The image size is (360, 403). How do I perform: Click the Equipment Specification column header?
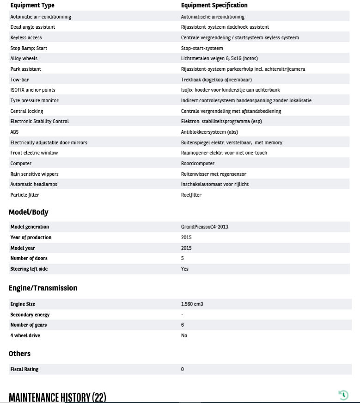click(x=214, y=5)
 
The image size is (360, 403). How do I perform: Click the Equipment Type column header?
click(x=32, y=5)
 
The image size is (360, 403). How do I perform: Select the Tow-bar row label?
click(x=19, y=80)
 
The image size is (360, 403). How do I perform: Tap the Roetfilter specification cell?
click(x=191, y=195)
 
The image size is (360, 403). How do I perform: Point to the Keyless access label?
click(x=26, y=37)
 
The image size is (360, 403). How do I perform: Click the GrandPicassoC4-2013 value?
click(x=204, y=227)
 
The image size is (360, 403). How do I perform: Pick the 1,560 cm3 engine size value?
click(x=192, y=304)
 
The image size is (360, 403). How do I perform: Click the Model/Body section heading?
click(x=28, y=212)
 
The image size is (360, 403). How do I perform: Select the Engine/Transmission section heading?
click(x=43, y=288)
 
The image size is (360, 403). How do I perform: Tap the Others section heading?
click(x=19, y=353)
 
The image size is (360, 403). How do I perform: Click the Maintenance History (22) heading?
click(x=57, y=397)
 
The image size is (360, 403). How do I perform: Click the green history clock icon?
click(x=343, y=395)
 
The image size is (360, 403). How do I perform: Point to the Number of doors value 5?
click(x=182, y=258)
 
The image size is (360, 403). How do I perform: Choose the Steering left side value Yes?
click(x=184, y=269)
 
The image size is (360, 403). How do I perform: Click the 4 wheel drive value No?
click(x=184, y=335)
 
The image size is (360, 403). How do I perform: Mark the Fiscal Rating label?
click(x=24, y=369)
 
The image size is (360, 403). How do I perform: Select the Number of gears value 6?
click(x=182, y=325)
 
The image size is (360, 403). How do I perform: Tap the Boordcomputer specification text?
click(x=198, y=163)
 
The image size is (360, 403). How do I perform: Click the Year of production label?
click(x=31, y=237)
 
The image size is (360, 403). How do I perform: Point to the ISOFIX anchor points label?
click(x=33, y=90)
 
